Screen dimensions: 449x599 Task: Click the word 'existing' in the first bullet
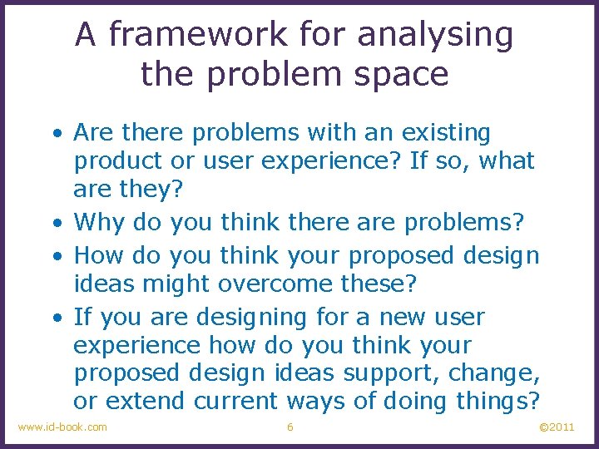click(446, 132)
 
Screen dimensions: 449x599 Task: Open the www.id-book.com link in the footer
click(62, 427)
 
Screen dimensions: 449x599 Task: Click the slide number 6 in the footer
click(290, 427)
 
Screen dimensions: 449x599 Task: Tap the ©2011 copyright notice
click(557, 427)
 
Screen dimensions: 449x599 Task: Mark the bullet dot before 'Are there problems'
click(54, 133)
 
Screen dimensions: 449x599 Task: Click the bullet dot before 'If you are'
click(54, 318)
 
